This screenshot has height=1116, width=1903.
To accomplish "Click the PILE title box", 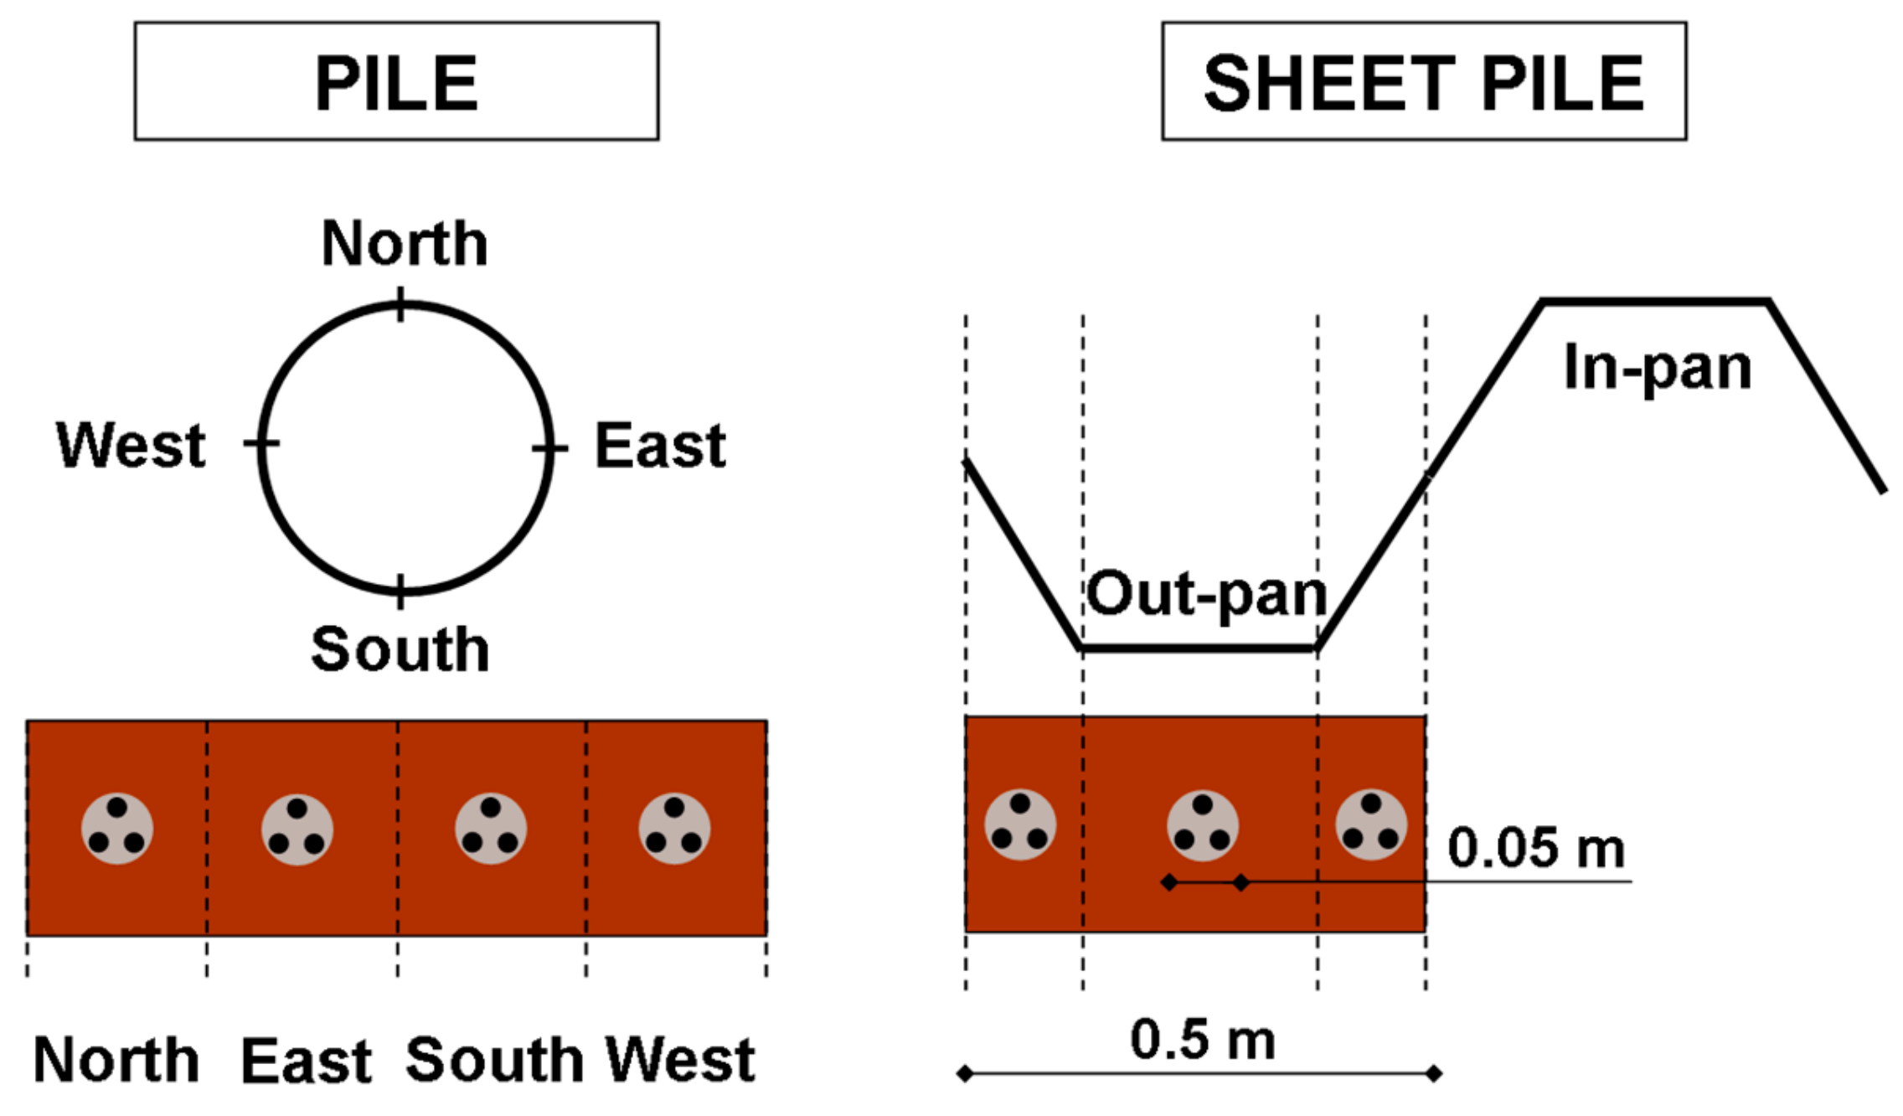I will pyautogui.click(x=396, y=81).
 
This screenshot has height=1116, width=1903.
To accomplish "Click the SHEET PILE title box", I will pyautogui.click(x=1423, y=81).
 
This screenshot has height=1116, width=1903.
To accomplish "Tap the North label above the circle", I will pyautogui.click(x=405, y=244).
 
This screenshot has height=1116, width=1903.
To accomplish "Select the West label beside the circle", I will pyautogui.click(x=131, y=445).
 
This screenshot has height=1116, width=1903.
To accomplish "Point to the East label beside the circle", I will pyautogui.click(x=660, y=446).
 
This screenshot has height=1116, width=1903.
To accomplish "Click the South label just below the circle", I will pyautogui.click(x=400, y=649).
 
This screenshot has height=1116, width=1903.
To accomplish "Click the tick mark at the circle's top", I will pyautogui.click(x=401, y=304).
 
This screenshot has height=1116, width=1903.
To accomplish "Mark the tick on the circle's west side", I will pyautogui.click(x=261, y=442).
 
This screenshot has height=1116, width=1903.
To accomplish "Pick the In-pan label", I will pyautogui.click(x=1657, y=368).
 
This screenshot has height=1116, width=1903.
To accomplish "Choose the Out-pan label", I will pyautogui.click(x=1207, y=594).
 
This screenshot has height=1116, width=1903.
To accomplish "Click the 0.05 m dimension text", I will pyautogui.click(x=1536, y=848).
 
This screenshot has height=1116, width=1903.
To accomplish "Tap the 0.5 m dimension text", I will pyautogui.click(x=1203, y=1040).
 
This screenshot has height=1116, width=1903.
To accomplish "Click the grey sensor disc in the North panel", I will pyautogui.click(x=117, y=829).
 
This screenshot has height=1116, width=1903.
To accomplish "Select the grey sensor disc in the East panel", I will pyautogui.click(x=297, y=829).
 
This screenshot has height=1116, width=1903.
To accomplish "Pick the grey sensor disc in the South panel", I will pyautogui.click(x=491, y=829).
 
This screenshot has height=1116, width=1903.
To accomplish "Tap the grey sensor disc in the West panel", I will pyautogui.click(x=674, y=829).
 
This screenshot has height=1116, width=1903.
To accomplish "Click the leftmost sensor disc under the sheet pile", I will pyautogui.click(x=1020, y=825).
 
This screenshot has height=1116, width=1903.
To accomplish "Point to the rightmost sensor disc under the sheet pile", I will pyautogui.click(x=1371, y=825).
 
